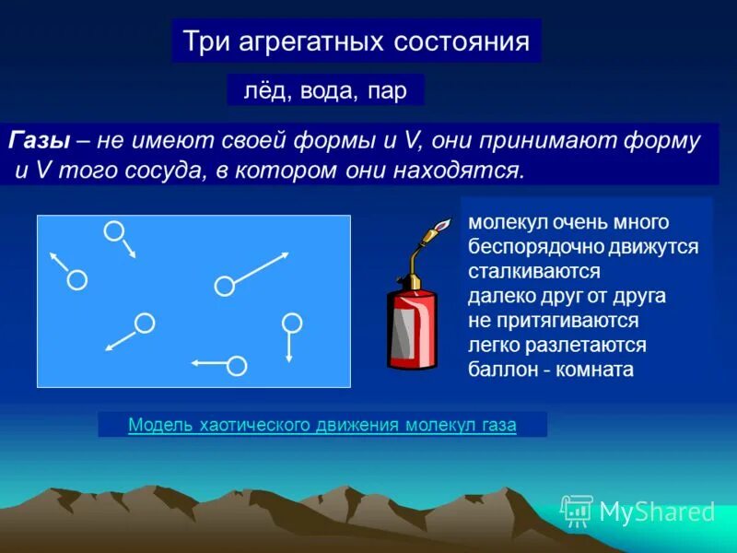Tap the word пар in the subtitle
387,90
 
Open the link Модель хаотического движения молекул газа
322,425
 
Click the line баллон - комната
551,370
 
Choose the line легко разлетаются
556,346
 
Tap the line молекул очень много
567,223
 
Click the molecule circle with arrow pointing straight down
291,323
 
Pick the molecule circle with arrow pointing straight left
237,366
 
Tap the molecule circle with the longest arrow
224,286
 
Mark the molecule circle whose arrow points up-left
77,279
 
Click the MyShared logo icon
577,510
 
